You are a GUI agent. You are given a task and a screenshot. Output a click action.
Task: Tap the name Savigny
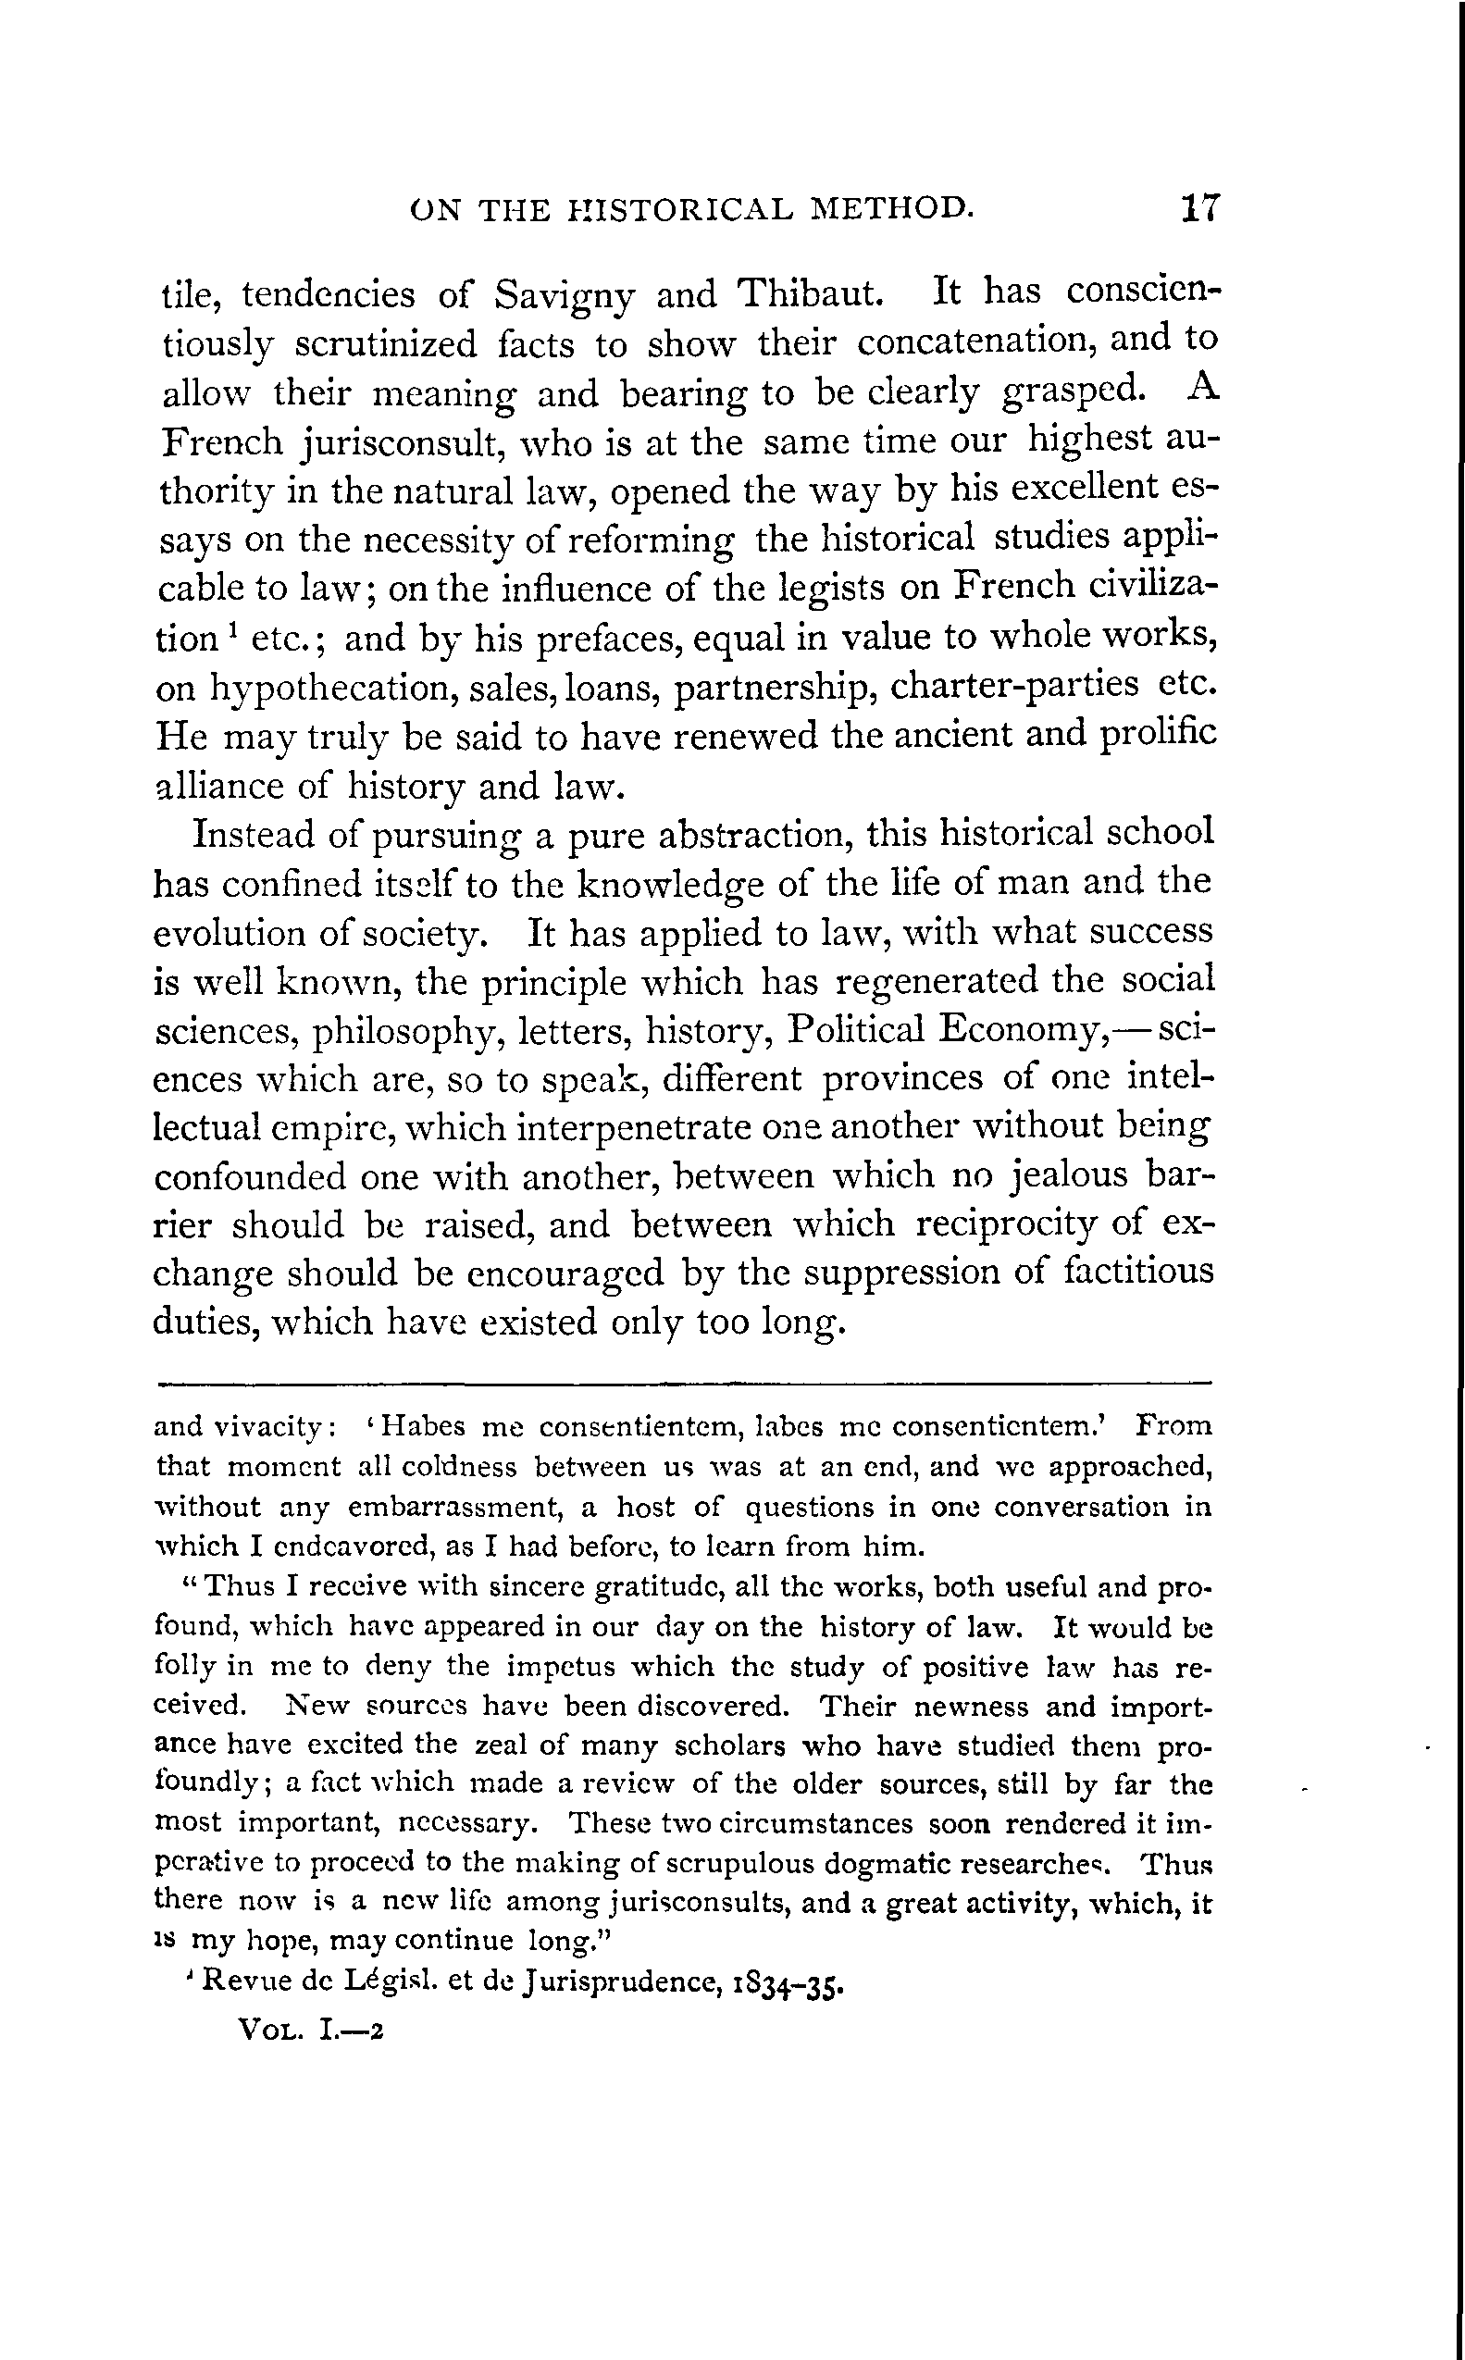[564, 294]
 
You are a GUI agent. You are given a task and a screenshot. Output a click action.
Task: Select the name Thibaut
[809, 292]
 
